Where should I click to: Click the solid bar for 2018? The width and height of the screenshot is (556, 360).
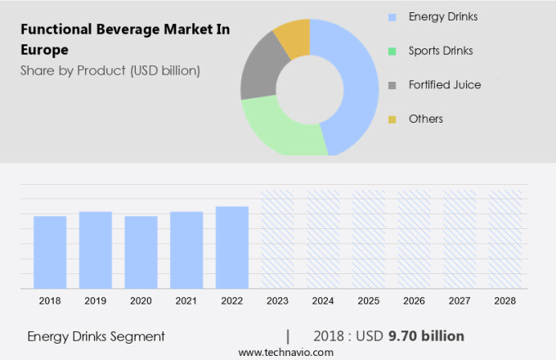tap(50, 252)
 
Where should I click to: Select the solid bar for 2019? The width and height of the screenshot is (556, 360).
tap(96, 250)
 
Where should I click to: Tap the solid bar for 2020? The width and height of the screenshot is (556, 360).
tap(141, 252)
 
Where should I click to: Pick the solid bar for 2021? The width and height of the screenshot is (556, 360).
tap(186, 250)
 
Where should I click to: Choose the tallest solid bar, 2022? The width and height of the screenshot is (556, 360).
tap(232, 247)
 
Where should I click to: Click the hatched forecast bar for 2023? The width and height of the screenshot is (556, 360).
tap(277, 239)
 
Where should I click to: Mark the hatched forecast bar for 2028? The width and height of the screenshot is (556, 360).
tap(504, 239)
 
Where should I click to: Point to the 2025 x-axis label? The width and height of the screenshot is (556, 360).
tap(368, 301)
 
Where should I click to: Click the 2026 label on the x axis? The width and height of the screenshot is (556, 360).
tap(414, 301)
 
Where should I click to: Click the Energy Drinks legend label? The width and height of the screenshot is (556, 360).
tap(443, 16)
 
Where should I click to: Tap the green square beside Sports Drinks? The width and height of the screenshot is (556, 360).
tap(392, 51)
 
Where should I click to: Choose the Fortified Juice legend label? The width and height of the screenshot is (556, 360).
tap(445, 85)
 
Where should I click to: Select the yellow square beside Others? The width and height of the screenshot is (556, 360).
tap(392, 119)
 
